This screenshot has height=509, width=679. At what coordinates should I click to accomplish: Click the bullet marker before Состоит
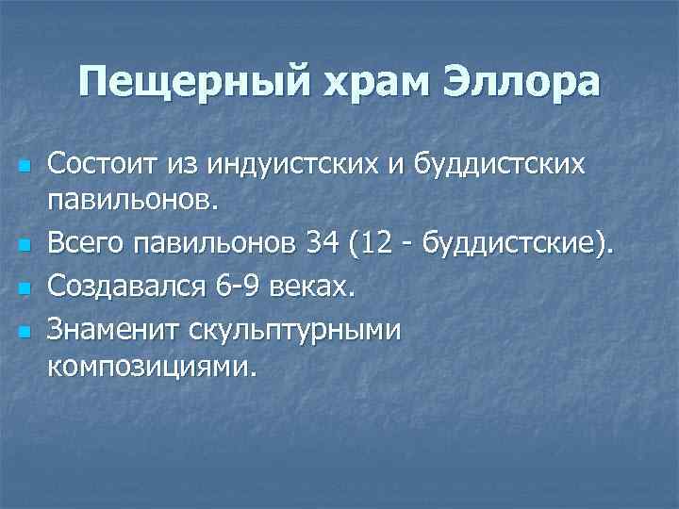tap(25, 167)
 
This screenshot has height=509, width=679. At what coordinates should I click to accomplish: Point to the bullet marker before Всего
tap(25, 248)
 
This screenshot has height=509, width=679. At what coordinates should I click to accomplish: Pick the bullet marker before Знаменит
tap(25, 330)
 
